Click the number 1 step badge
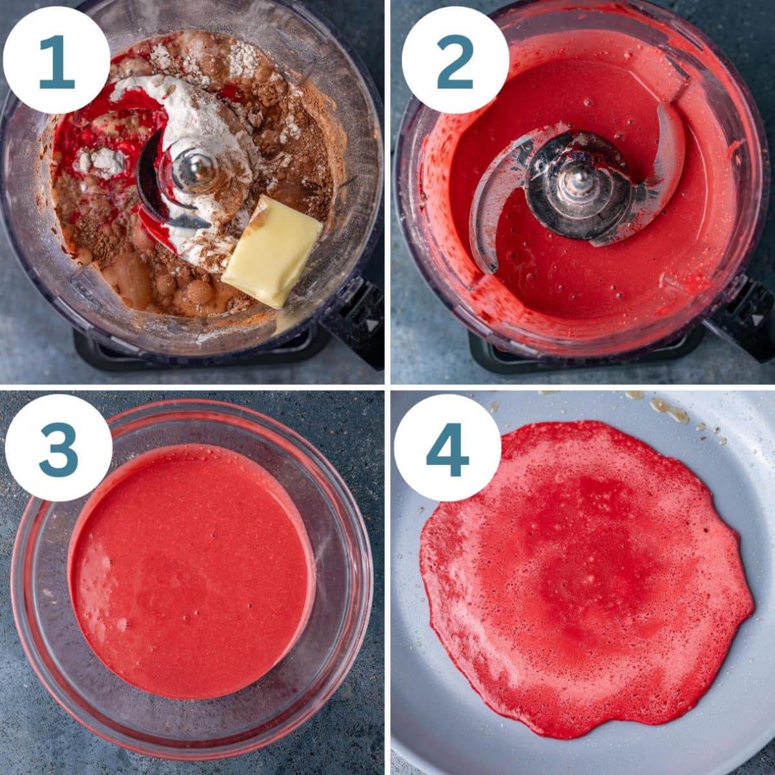point(56,61)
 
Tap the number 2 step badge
point(455,61)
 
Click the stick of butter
point(273,252)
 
